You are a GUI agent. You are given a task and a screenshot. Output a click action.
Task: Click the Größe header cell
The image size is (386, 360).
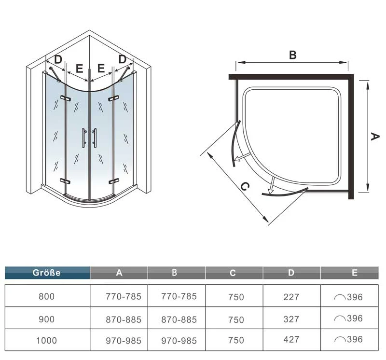tap(47, 273)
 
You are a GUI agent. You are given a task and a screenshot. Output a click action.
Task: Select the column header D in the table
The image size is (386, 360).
tap(291, 273)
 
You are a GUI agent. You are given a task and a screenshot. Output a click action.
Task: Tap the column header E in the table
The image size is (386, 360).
tap(355, 273)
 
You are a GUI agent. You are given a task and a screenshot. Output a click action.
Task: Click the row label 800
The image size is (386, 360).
tap(46, 296)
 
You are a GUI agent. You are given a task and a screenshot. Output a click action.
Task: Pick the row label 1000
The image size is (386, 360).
tap(46, 341)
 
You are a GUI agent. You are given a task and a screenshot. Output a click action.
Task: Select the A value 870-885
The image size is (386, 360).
tap(124, 319)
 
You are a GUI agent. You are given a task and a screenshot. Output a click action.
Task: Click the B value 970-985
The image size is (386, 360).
tap(179, 341)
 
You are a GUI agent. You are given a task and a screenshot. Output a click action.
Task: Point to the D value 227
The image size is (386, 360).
tap(291, 297)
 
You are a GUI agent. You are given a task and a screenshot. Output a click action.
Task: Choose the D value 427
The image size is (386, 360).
tap(291, 340)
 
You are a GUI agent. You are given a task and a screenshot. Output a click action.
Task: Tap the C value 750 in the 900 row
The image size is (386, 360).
tap(236, 319)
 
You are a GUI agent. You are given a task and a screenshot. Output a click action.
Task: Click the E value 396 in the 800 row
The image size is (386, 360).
tap(355, 297)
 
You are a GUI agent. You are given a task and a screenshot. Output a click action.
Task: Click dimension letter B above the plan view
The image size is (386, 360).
tap(293, 55)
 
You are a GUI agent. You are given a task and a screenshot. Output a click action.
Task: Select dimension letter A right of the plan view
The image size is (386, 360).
tap(375, 137)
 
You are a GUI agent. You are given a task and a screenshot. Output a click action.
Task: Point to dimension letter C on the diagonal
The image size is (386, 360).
tap(245, 186)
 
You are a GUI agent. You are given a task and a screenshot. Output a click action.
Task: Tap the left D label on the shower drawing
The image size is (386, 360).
tap(58, 59)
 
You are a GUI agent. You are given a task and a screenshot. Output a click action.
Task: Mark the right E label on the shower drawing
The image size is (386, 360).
tap(101, 68)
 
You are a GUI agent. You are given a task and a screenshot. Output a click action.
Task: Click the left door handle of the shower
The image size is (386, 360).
tap(84, 138)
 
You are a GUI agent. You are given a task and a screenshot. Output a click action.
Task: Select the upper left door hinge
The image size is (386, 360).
tap(65, 98)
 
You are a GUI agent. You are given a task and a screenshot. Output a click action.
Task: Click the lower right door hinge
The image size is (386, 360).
tap(113, 182)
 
